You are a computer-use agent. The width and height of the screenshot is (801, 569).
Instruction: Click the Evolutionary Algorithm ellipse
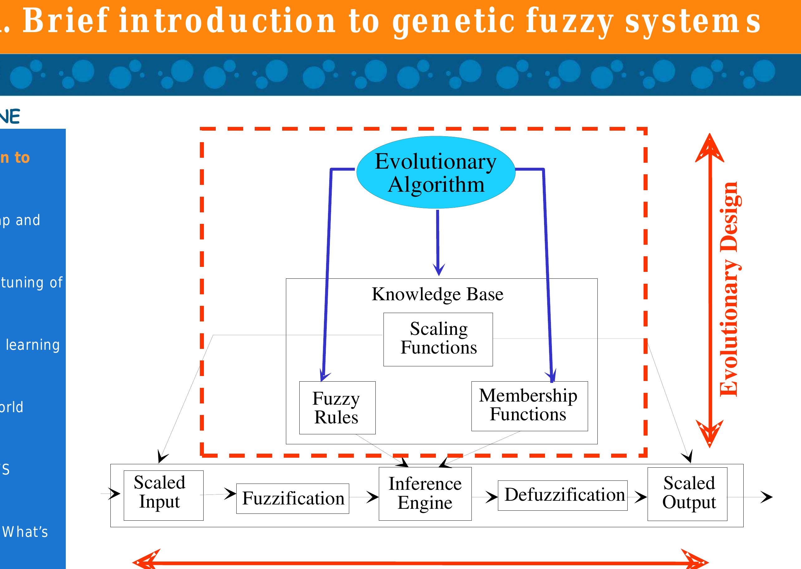pos(436,172)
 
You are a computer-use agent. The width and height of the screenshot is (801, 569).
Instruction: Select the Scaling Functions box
pos(438,339)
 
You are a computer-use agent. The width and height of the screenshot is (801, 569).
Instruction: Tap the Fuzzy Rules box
pos(337,407)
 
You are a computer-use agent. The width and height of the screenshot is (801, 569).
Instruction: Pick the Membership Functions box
pos(529,406)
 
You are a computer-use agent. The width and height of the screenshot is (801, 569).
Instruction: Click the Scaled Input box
pos(163,495)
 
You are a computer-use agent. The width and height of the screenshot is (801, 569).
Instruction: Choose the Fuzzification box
pos(292,498)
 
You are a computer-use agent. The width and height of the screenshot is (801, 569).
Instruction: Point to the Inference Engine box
pos(425,493)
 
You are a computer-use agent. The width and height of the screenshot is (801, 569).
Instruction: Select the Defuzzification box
pos(563,495)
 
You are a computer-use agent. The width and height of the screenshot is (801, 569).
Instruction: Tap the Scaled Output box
pos(687,494)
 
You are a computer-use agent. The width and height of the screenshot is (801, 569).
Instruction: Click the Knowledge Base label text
pos(437,294)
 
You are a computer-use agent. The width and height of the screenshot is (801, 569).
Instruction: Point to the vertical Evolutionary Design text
pos(730,289)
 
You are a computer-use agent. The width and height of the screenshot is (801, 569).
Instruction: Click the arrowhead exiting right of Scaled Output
pos(767,497)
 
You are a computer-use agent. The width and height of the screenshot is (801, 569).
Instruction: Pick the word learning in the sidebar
pos(33,345)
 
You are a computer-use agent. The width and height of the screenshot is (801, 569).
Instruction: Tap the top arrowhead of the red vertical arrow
pos(710,147)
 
